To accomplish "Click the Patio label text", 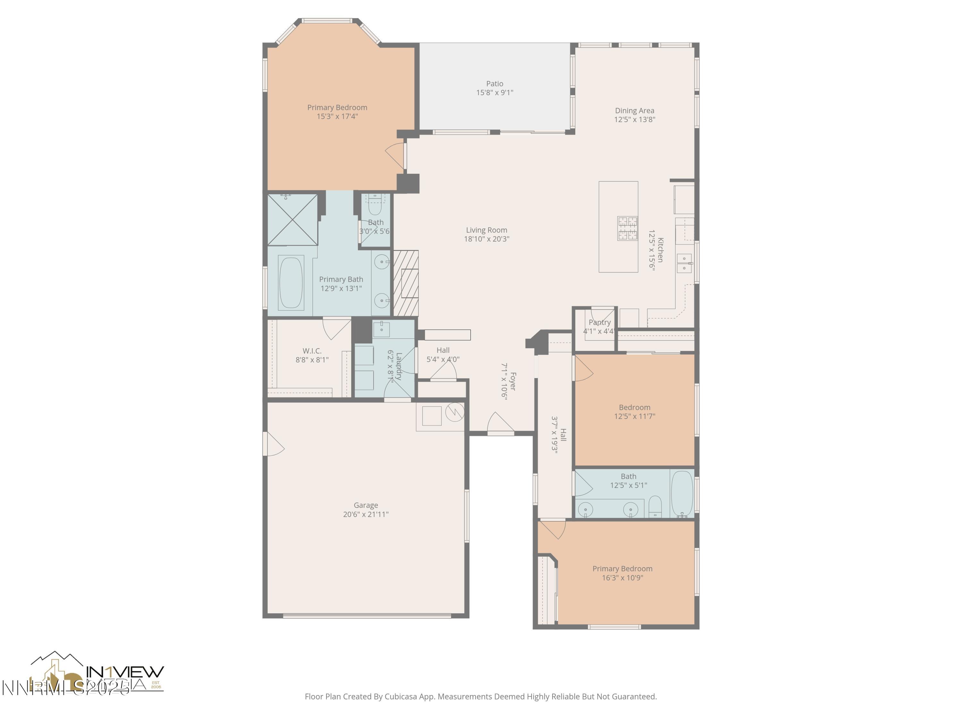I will (494, 83).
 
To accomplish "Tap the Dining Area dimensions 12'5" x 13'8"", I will (635, 120).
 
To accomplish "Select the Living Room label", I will (486, 230).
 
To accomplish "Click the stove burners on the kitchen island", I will (628, 228).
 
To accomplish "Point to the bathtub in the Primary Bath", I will (291, 283).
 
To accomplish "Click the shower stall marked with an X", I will (292, 220).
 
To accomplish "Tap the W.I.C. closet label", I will (312, 351).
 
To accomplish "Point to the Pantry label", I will (599, 322).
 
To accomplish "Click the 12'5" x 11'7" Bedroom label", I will (635, 407).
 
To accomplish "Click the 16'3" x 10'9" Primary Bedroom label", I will (622, 569).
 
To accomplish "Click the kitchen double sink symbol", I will (684, 263).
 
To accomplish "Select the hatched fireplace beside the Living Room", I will (406, 283).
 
